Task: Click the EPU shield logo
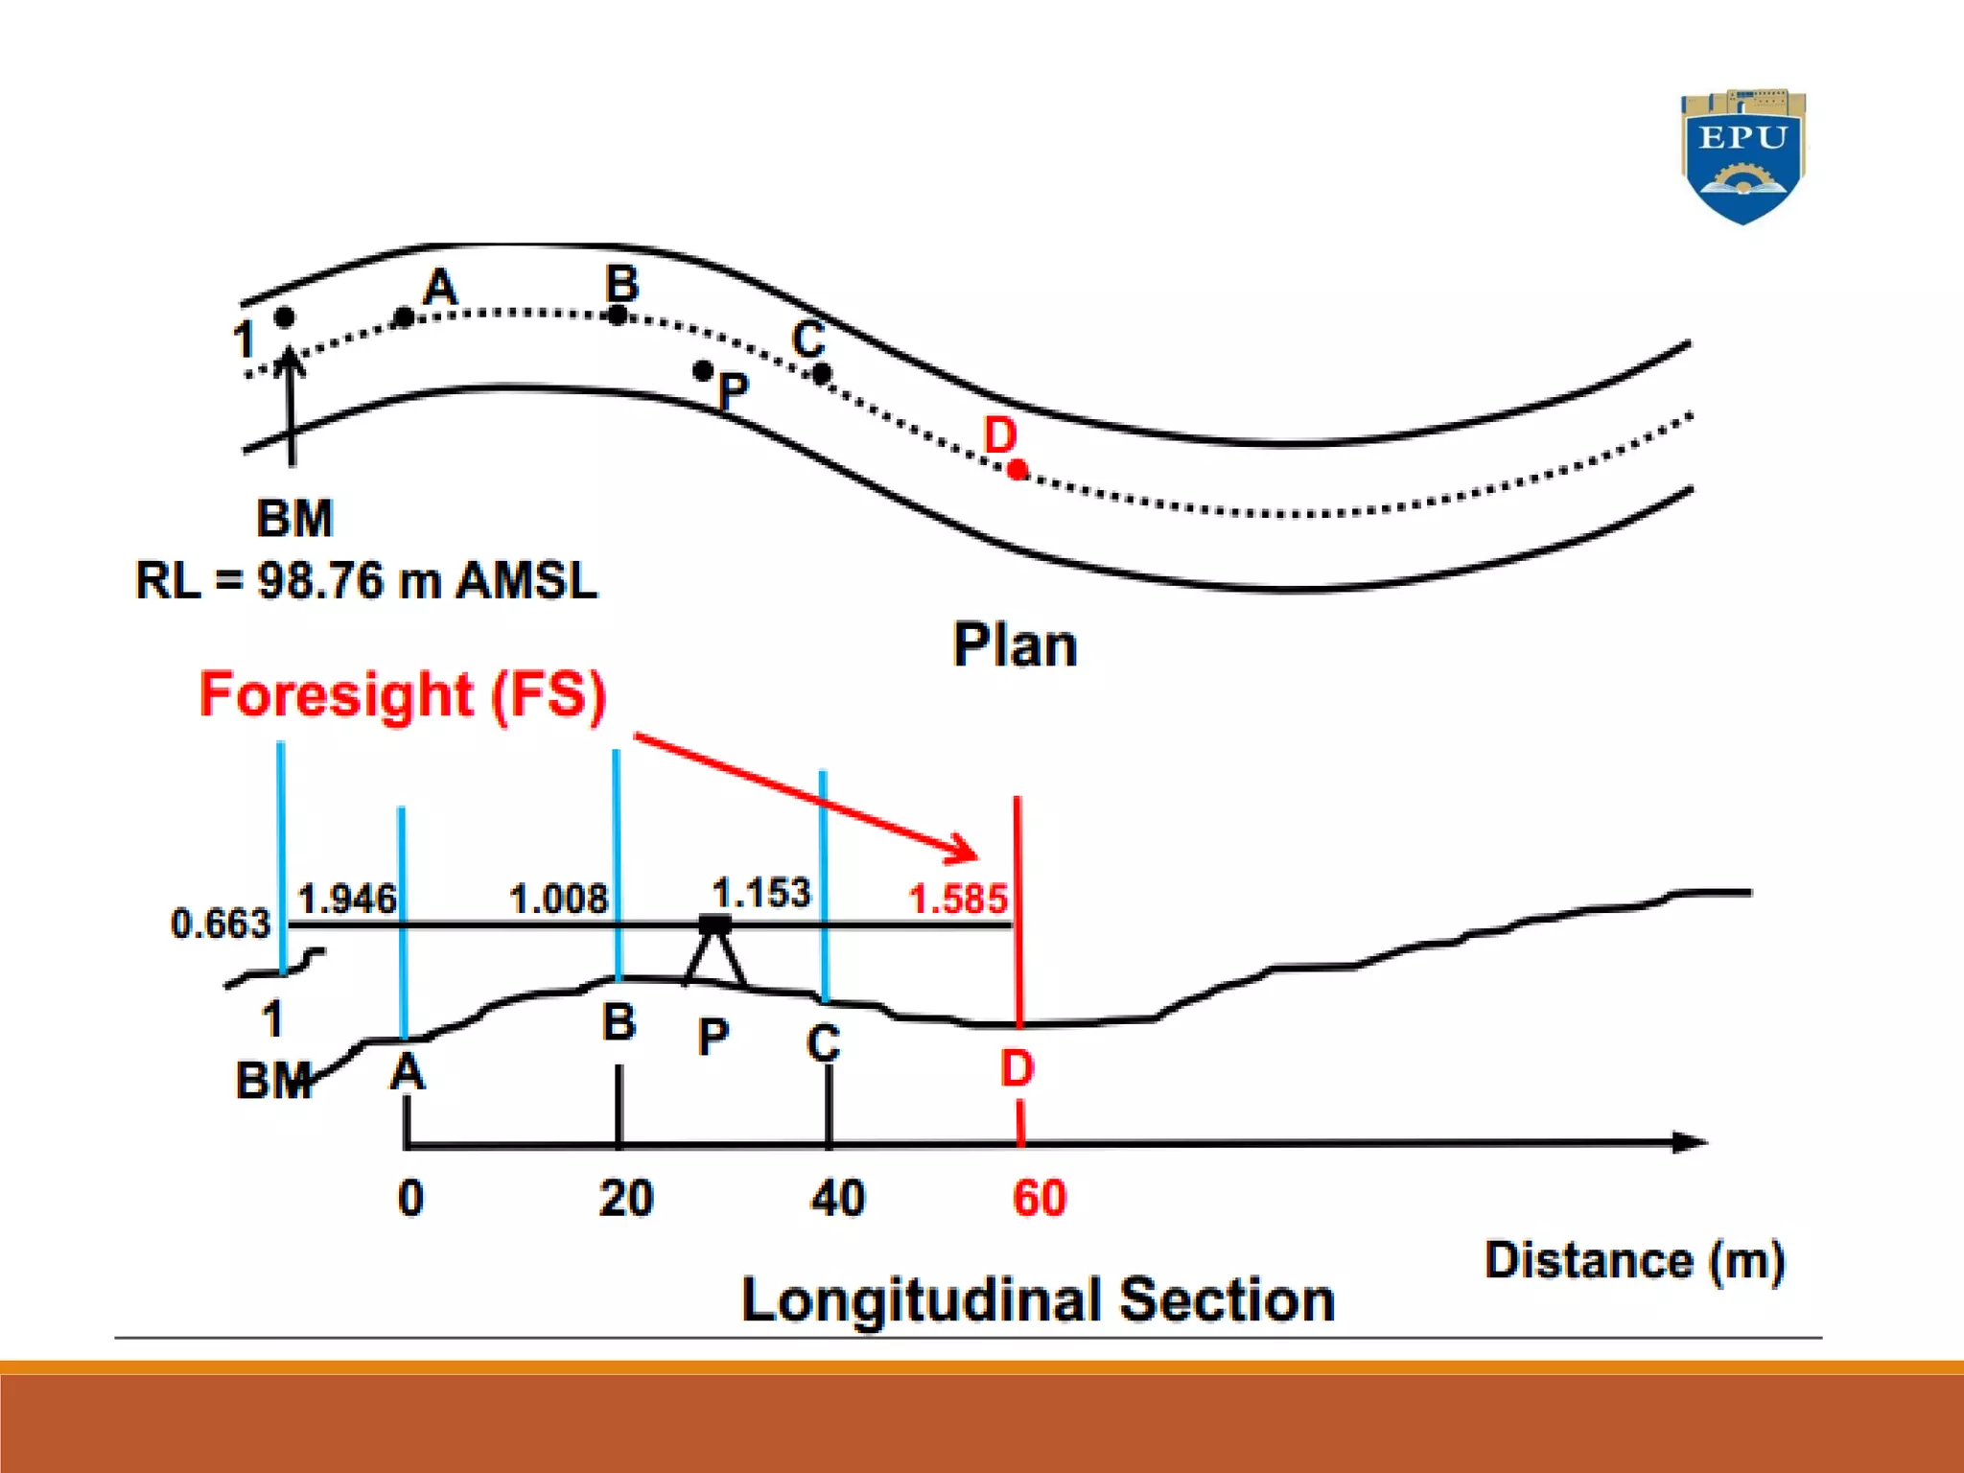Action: coord(1742,156)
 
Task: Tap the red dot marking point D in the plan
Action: coord(1017,469)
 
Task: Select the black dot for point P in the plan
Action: coord(703,370)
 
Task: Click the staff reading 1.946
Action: coord(346,899)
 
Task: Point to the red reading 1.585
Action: coord(957,899)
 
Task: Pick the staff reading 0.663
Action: coord(221,923)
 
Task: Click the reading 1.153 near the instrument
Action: coord(760,893)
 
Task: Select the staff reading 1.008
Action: coord(558,899)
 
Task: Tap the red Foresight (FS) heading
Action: coord(403,694)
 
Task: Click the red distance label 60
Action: coord(1039,1198)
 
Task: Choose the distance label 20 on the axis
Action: coord(625,1198)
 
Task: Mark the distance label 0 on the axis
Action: coord(410,1198)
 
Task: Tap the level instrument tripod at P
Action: coord(714,953)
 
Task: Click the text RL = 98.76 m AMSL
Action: coord(366,579)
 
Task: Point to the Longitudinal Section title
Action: coord(1038,1299)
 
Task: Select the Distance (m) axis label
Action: coord(1634,1260)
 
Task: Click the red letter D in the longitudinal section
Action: coord(1017,1067)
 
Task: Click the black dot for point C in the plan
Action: coord(822,374)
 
